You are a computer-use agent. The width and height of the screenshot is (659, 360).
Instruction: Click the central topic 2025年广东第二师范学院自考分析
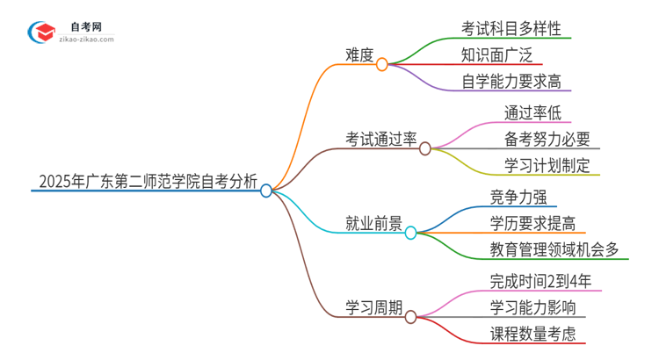pos(148,184)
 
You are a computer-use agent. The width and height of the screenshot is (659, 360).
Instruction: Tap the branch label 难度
pos(359,55)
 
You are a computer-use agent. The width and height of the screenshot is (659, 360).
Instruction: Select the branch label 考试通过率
pos(380,139)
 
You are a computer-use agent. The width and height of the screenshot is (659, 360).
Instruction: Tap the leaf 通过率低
pos(532,112)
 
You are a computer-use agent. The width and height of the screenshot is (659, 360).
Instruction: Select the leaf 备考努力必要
pos(547,139)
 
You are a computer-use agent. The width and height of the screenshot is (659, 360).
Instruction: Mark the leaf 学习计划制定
pos(547,165)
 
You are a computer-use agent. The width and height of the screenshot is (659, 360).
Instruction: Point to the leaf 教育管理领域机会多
pos(554,249)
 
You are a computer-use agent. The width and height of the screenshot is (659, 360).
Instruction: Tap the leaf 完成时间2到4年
pos(545,281)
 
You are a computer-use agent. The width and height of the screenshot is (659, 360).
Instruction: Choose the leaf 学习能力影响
pos(533,307)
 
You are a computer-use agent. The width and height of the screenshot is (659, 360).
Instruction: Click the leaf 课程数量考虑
pos(533,334)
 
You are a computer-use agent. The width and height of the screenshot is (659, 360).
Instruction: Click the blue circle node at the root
pos(266,191)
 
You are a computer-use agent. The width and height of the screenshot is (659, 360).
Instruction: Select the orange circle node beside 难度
pos(382,64)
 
